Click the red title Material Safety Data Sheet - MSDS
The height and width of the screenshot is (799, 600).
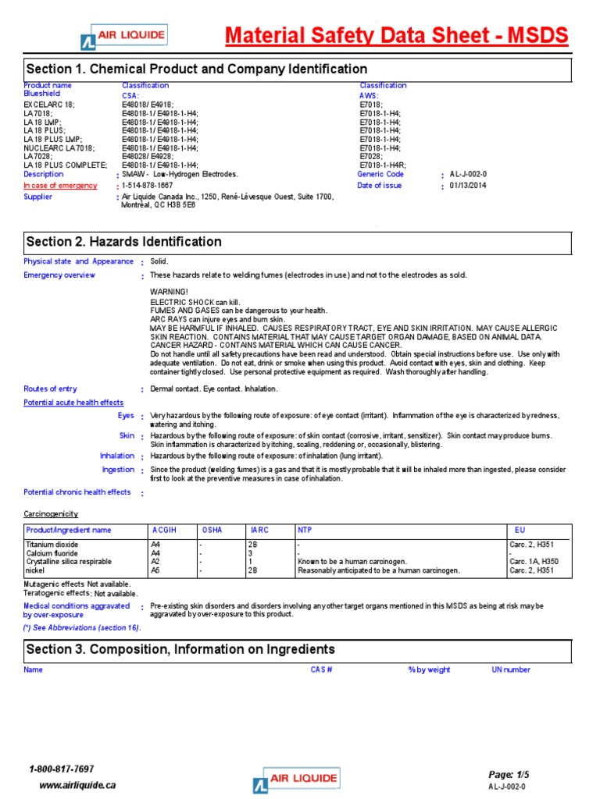click(396, 36)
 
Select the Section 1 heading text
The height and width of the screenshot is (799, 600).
click(197, 69)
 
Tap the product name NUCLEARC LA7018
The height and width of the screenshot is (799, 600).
click(59, 147)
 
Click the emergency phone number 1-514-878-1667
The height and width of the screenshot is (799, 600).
click(148, 186)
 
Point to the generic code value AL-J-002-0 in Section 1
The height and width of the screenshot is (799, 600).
click(468, 175)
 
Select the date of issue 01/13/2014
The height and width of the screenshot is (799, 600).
click(467, 186)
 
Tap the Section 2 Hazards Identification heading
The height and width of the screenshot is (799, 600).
click(124, 242)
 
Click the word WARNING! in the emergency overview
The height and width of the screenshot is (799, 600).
click(169, 291)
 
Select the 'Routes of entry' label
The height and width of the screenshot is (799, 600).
click(51, 389)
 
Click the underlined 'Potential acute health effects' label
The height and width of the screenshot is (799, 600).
click(73, 402)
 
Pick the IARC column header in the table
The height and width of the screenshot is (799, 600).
click(259, 530)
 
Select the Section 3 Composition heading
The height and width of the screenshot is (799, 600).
click(181, 650)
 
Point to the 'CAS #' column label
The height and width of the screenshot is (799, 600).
click(321, 669)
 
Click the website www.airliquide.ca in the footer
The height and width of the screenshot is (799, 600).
click(77, 785)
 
